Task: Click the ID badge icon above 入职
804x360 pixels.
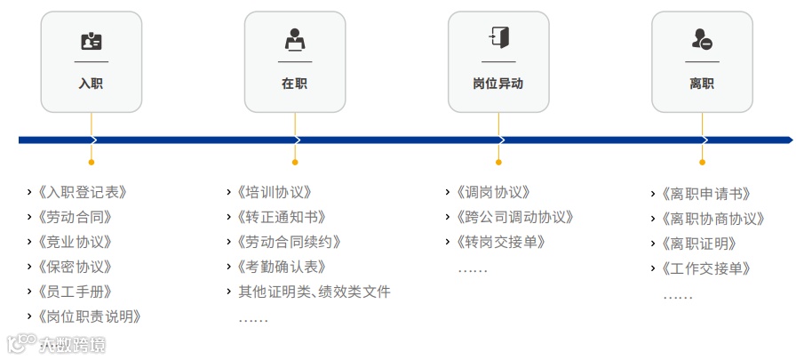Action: point(92,41)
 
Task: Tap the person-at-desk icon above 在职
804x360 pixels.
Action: point(295,40)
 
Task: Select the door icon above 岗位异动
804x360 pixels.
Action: point(498,38)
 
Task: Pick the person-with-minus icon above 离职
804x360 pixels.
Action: point(702,40)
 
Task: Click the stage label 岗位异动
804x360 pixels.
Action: point(498,84)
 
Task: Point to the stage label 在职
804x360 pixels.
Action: point(295,84)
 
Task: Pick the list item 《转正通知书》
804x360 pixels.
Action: point(282,217)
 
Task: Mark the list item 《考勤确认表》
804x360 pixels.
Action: point(282,267)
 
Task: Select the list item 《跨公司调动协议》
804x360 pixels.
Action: point(514,217)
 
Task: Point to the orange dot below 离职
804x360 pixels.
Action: point(702,163)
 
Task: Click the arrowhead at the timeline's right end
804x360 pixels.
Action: point(788,140)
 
